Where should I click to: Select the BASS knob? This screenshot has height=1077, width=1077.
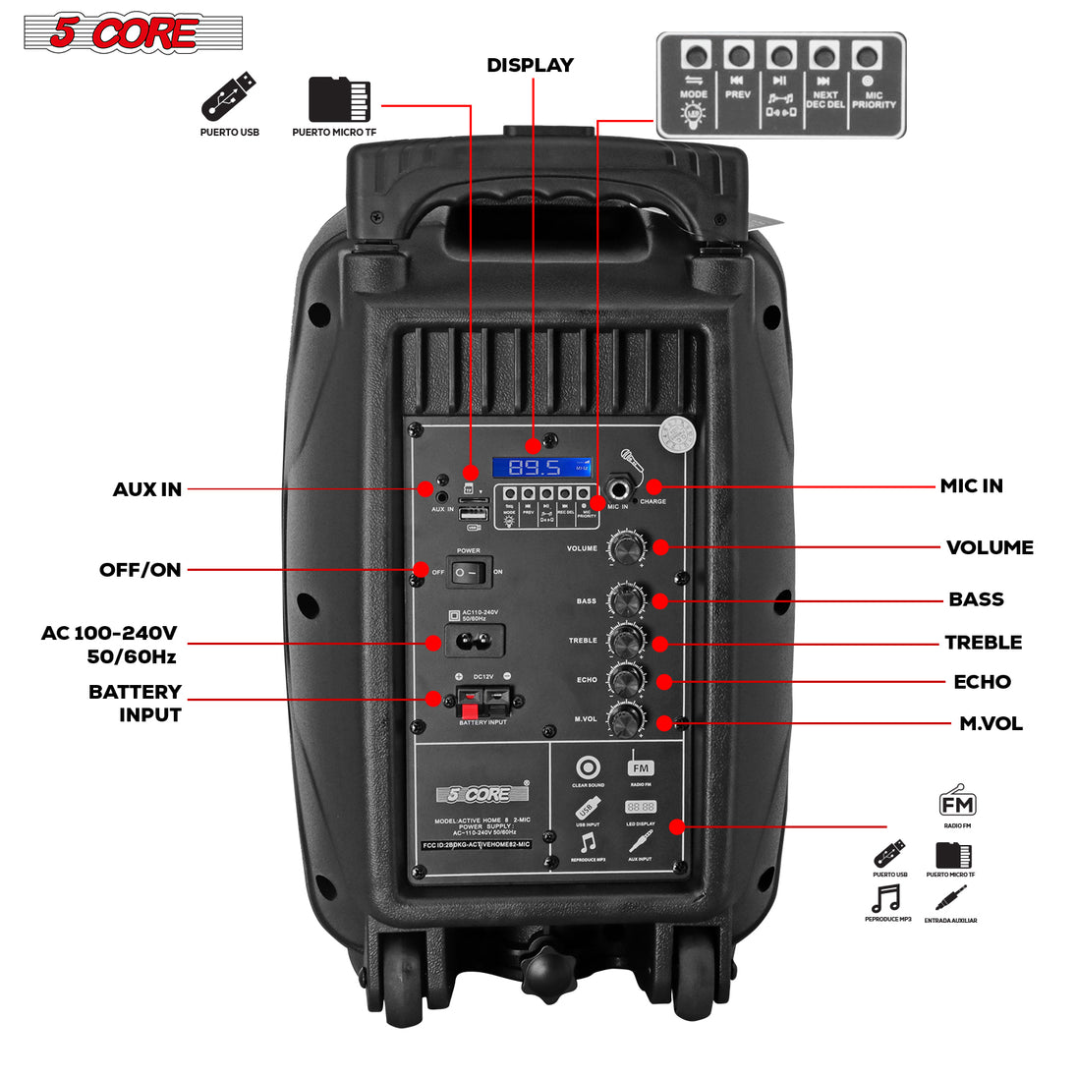tap(625, 598)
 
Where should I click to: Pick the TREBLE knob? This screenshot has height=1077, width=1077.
tap(625, 641)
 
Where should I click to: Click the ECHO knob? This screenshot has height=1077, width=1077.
tap(625, 680)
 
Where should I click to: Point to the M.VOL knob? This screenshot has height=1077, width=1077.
tap(625, 720)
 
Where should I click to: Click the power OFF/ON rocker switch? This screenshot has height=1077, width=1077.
tap(470, 570)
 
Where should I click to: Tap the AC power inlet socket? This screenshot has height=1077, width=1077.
tap(470, 644)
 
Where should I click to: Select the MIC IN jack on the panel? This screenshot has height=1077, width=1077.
tap(621, 487)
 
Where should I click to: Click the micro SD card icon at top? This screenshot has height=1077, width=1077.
tap(339, 99)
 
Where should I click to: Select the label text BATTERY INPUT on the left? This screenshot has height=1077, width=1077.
tap(136, 703)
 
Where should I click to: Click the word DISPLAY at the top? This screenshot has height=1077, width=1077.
tap(531, 66)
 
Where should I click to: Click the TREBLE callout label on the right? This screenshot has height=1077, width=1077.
tap(983, 643)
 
